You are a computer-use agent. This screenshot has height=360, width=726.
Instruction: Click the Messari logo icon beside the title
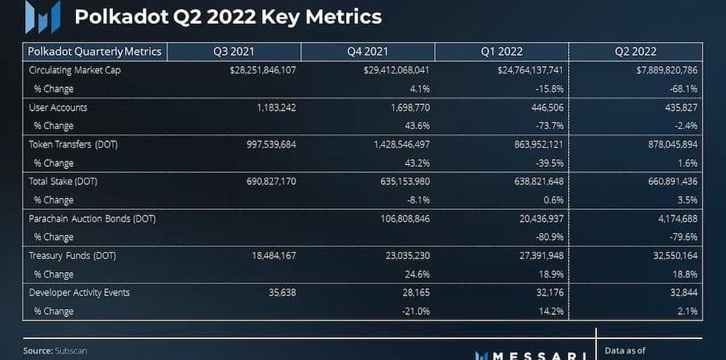coord(41,17)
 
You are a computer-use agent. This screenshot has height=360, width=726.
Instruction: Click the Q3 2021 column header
coord(232,52)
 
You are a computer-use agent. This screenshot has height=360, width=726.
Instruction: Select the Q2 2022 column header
coord(634,52)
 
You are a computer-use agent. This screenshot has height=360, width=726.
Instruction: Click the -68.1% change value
coord(682,88)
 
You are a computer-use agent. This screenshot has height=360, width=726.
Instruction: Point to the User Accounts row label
coord(58,107)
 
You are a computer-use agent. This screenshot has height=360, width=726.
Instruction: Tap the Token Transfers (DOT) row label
coord(73,144)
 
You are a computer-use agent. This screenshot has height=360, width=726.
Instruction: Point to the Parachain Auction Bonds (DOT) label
coord(92,218)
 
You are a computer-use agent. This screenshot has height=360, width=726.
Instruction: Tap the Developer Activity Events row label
coord(79,291)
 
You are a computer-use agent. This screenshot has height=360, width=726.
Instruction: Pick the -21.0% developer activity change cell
coord(414,310)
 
